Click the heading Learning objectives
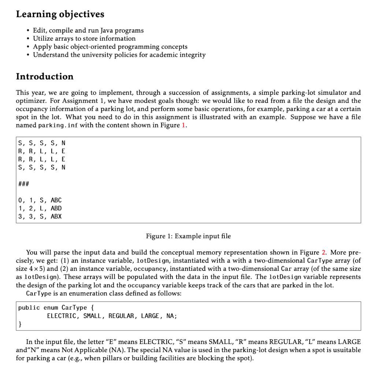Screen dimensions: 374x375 (60, 14)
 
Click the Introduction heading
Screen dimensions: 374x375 (45, 76)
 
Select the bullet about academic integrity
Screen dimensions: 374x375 (119, 55)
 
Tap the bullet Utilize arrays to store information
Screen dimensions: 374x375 (84, 38)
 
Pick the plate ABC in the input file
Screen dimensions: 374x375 (56, 200)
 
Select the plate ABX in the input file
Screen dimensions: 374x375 (56, 216)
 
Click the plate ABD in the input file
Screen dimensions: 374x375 (56, 208)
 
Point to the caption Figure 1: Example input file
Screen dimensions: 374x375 (188, 236)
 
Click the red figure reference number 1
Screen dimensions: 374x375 (183, 125)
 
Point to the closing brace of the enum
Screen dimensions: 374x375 (20, 324)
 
